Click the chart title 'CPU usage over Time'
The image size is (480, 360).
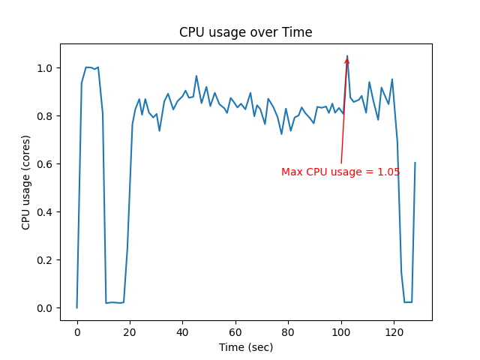tap(245, 32)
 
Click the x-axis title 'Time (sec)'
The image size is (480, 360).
tap(245, 347)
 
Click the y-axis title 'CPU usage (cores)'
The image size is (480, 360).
tap(26, 182)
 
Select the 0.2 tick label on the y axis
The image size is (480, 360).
tap(44, 260)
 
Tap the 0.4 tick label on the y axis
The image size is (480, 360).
tap(44, 212)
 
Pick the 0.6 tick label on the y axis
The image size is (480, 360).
tap(44, 164)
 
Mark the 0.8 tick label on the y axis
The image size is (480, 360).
tap(44, 116)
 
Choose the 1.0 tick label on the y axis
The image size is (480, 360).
tap(44, 68)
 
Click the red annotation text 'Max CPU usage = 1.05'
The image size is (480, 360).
tap(340, 172)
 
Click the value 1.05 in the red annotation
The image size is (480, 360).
tap(388, 172)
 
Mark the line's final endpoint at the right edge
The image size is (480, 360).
tap(415, 163)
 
